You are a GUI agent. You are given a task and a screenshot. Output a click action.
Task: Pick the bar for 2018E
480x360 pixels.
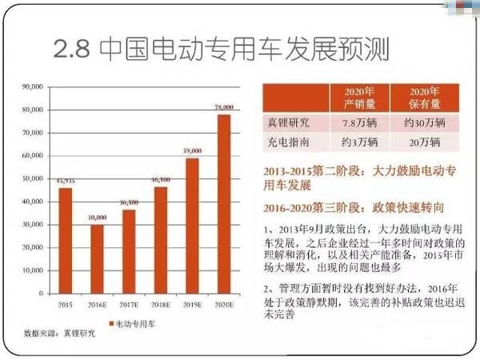tap(161, 239)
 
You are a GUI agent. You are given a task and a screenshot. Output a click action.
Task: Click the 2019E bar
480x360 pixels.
tap(192, 224)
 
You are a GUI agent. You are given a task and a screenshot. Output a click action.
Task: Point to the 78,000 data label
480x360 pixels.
tap(224, 107)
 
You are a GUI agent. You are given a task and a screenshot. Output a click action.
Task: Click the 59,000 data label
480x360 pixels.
tap(192, 150)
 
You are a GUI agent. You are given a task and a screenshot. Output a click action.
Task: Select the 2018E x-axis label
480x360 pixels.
tap(161, 305)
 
